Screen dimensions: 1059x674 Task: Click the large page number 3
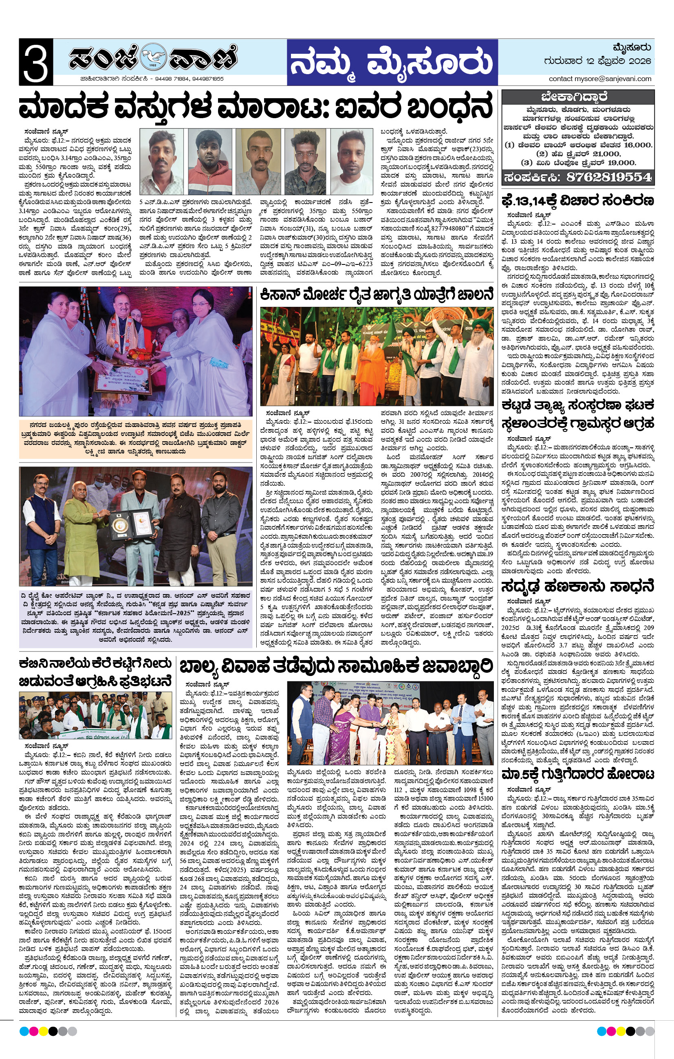[36, 62]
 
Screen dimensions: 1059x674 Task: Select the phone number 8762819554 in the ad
[608, 177]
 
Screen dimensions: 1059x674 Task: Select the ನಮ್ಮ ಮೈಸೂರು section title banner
[392, 62]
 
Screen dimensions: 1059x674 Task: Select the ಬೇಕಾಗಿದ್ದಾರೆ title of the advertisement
[577, 97]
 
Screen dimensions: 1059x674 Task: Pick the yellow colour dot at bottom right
[620, 1031]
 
